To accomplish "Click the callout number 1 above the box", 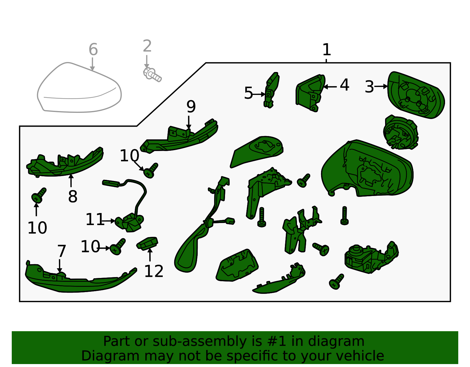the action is (x=326, y=50).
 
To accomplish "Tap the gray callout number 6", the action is (x=93, y=50).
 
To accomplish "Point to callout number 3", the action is (x=369, y=87).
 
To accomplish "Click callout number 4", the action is (x=344, y=85).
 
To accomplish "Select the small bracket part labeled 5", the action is (x=271, y=90).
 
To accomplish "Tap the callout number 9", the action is (x=191, y=106).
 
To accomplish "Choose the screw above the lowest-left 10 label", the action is (x=39, y=195).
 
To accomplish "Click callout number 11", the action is (x=95, y=219).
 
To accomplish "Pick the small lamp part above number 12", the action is (x=147, y=243).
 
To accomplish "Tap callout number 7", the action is (x=61, y=251).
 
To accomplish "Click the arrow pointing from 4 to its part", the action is (x=330, y=87).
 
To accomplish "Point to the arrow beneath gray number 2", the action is (x=147, y=62).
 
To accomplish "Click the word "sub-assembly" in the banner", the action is (x=199, y=341).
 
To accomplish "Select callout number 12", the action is (x=154, y=271).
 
